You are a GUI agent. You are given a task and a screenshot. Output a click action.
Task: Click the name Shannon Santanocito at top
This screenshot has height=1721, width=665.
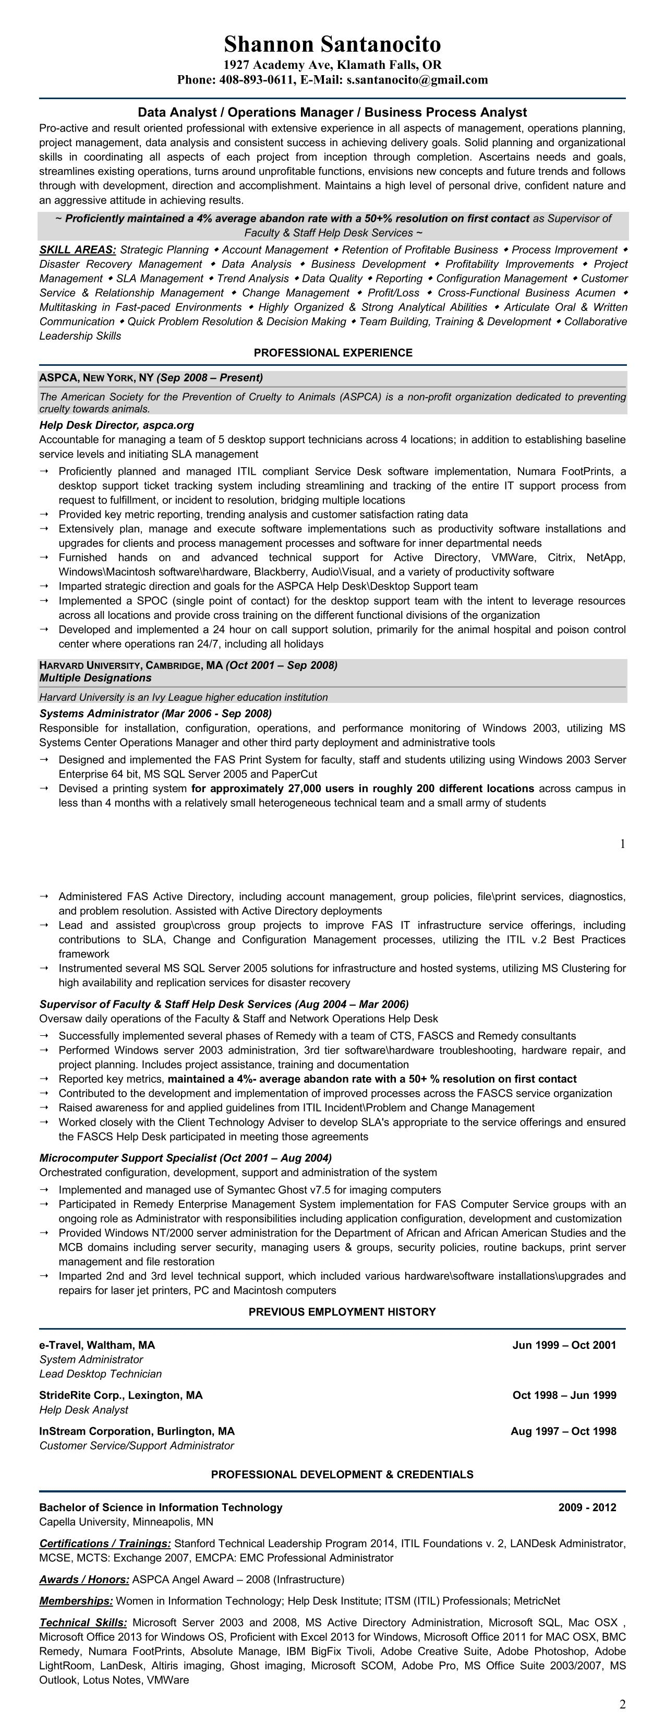coord(332,44)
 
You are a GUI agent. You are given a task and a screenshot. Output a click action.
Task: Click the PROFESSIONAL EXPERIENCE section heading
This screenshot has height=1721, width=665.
coord(333,353)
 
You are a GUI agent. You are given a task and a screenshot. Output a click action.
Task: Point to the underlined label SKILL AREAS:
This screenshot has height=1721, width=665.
coord(77,250)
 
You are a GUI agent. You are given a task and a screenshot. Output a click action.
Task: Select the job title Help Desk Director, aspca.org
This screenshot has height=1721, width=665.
coord(116,425)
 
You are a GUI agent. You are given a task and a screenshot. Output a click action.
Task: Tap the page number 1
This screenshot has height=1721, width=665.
coord(622,844)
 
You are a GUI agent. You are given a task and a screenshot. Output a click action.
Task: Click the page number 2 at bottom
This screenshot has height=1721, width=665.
coord(622,1704)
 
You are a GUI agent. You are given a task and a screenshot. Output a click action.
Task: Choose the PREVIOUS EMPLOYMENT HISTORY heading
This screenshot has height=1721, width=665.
coord(342,1312)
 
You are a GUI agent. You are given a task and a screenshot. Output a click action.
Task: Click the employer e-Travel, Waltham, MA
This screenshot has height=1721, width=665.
coord(97,1345)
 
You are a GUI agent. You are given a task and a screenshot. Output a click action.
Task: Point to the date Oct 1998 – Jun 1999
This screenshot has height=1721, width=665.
coord(564,1395)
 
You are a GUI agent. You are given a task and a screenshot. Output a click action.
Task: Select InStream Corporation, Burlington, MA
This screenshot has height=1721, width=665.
coord(137,1431)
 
